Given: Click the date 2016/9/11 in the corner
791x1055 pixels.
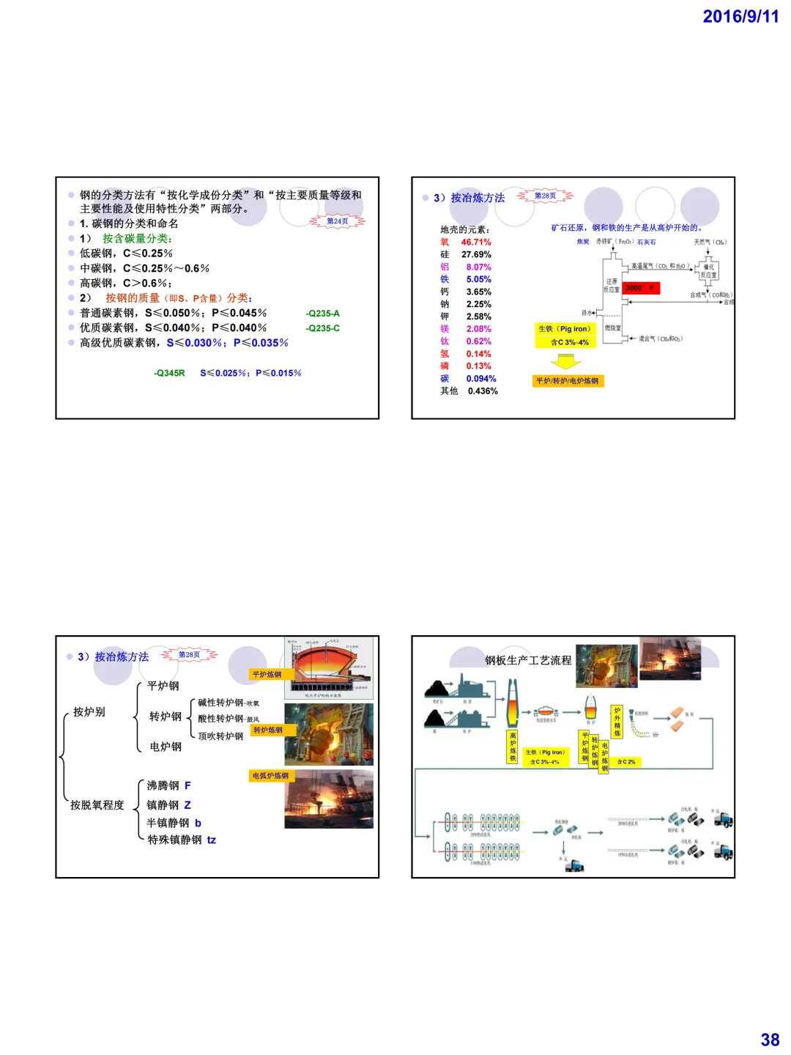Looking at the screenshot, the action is pyautogui.click(x=740, y=17).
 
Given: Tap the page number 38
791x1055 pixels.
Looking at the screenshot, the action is pyautogui.click(x=770, y=1040).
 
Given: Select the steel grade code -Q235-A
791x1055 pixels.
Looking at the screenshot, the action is pyautogui.click(x=323, y=314).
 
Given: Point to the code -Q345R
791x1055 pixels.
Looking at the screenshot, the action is pyautogui.click(x=169, y=373).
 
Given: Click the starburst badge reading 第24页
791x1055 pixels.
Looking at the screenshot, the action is pyautogui.click(x=337, y=221).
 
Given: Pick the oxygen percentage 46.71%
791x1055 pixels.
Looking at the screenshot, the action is pyautogui.click(x=476, y=243).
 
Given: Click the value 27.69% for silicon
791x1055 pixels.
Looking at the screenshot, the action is pyautogui.click(x=476, y=255).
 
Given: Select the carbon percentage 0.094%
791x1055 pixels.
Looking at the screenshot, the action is pyautogui.click(x=481, y=379).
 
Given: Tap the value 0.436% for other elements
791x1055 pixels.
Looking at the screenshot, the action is pyautogui.click(x=483, y=391).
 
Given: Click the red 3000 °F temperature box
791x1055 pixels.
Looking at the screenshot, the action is pyautogui.click(x=641, y=289).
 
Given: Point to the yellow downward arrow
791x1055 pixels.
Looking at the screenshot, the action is pyautogui.click(x=565, y=361).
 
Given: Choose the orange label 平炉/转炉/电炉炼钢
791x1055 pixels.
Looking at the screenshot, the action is pyautogui.click(x=568, y=381).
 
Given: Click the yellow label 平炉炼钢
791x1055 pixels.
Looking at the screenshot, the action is pyautogui.click(x=267, y=675).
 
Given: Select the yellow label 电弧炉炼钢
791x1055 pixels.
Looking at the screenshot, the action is pyautogui.click(x=271, y=776).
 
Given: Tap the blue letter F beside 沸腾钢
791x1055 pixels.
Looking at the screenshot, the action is pyautogui.click(x=187, y=785).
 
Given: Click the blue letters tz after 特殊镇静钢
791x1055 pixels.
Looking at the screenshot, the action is pyautogui.click(x=212, y=840).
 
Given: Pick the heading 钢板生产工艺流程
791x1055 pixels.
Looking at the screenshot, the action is pyautogui.click(x=528, y=661).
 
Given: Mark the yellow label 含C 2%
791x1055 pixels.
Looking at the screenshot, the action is pyautogui.click(x=626, y=762).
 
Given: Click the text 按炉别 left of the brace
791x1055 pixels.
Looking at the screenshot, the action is pyautogui.click(x=89, y=712).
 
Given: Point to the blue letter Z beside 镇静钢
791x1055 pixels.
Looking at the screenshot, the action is pyautogui.click(x=187, y=805).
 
